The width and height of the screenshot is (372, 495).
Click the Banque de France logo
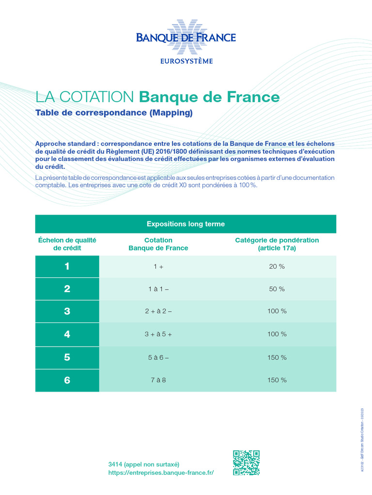(x=186, y=37)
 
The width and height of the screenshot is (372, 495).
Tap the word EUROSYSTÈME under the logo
(x=186, y=61)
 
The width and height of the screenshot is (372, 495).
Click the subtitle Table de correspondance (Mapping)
(x=114, y=113)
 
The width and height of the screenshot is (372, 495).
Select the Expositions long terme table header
(x=186, y=224)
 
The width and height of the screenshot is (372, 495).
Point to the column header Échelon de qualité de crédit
(x=67, y=244)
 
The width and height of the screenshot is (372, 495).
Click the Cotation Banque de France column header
(x=158, y=244)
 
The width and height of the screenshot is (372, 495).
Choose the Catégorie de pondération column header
(x=277, y=244)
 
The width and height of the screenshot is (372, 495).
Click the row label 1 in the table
(x=67, y=266)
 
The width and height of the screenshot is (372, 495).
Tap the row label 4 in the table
(x=67, y=334)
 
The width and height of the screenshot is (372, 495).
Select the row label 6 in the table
(x=67, y=380)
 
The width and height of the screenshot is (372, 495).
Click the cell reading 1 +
(x=158, y=266)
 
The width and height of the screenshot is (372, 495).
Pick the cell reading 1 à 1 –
(x=158, y=289)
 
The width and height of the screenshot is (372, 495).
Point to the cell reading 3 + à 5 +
(x=158, y=334)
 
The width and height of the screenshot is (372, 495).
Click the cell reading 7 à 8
(x=158, y=380)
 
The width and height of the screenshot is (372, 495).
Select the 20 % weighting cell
(x=277, y=266)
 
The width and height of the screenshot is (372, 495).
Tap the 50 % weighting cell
(x=277, y=289)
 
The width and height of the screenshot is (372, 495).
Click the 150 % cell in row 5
(x=277, y=357)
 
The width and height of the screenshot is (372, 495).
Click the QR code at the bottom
(x=246, y=463)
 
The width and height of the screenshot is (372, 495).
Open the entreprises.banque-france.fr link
(x=161, y=472)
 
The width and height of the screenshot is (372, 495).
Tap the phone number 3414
(x=115, y=464)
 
